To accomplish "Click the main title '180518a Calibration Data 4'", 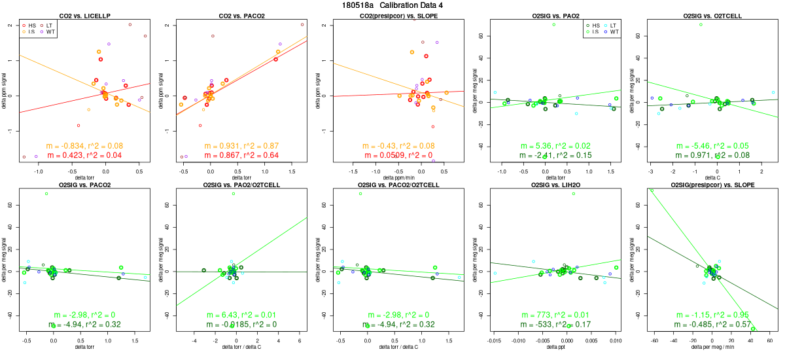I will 392,5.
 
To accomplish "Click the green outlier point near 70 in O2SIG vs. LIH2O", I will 574,194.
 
